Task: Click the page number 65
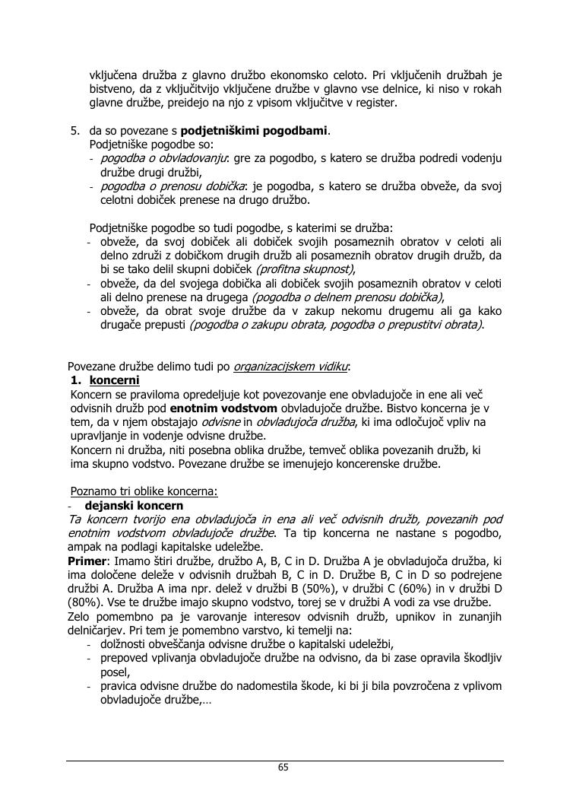(283, 767)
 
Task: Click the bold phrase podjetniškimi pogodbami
(253, 131)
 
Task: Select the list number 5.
(74, 131)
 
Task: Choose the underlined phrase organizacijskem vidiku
(290, 367)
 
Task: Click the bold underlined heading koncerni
(114, 380)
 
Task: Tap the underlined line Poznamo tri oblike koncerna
(144, 491)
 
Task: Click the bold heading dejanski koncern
(134, 505)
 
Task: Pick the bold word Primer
(86, 561)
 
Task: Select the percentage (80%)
(86, 602)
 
